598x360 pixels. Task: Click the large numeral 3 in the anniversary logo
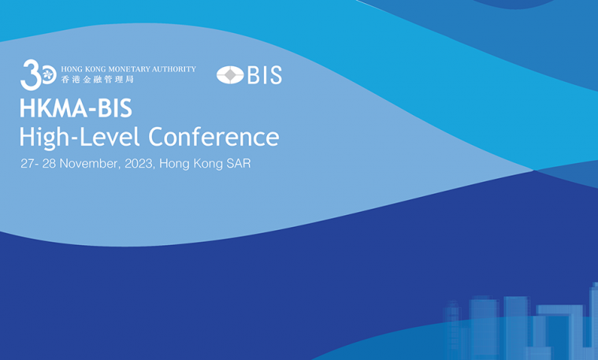coord(31,75)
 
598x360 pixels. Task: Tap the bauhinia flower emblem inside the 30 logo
coord(48,75)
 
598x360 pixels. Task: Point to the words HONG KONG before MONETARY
coord(84,69)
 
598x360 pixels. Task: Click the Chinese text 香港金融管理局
coord(97,80)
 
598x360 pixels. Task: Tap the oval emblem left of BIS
coord(230,75)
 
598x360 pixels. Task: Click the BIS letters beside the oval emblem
coord(265,75)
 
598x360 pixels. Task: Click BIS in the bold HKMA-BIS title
coord(115,108)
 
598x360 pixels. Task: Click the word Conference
coord(214,136)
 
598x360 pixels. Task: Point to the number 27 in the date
coord(27,164)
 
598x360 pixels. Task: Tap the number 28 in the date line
coord(49,164)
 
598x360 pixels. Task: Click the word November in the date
coord(88,164)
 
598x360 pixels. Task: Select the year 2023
coord(139,164)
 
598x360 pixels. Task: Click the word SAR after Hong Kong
coord(239,164)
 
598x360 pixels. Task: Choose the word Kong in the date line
coord(208,165)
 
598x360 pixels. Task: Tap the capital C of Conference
coord(157,137)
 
